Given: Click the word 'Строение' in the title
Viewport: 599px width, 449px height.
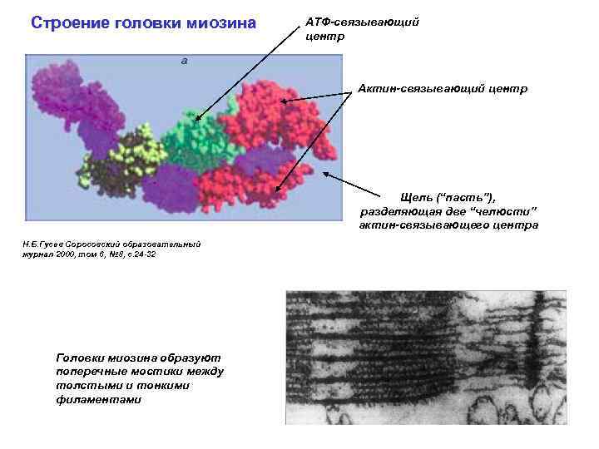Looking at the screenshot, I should point(66,22).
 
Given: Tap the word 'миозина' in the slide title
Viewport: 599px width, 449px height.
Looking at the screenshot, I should point(227,22).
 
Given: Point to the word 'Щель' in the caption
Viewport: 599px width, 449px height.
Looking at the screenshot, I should point(417,196).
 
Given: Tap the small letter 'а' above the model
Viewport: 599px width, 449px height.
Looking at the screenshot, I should point(184,60).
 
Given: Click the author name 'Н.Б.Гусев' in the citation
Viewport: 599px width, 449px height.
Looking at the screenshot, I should point(43,244).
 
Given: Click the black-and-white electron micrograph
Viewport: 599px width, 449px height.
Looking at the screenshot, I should point(425,358).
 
